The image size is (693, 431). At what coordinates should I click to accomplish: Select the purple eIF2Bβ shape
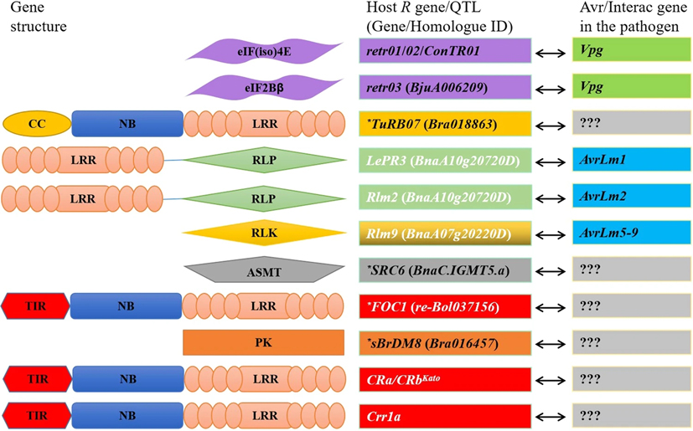(263, 88)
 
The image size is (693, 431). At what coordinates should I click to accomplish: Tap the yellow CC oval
(37, 124)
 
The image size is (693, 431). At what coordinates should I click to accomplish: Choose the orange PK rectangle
(263, 343)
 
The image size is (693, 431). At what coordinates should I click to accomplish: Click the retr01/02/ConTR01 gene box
(444, 52)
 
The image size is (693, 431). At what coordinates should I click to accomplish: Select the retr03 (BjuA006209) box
(444, 88)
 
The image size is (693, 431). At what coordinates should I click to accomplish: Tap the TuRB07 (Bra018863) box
(444, 125)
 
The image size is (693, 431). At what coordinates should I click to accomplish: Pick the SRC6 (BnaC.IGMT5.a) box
(444, 270)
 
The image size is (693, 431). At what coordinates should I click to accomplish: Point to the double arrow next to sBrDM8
(554, 343)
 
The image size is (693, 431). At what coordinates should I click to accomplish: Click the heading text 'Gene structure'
(34, 18)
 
